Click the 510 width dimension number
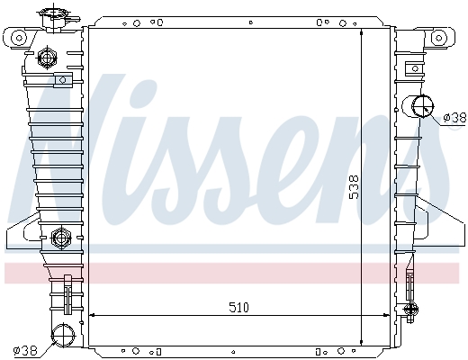pos(238,307)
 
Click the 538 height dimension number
pos(354,187)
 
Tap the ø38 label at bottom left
pos(25,350)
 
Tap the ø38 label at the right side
pos(455,117)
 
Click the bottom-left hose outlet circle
pos(63,336)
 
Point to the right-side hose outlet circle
pos(423,106)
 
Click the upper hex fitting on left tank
pos(47,58)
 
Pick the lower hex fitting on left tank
pos(61,238)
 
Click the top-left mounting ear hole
pos(19,38)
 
